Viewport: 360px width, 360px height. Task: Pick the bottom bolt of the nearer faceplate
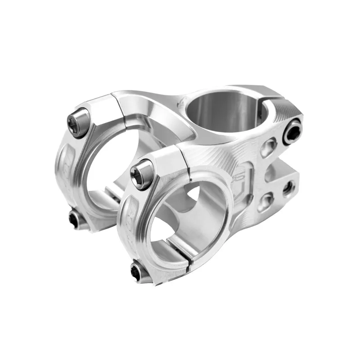point(138,271)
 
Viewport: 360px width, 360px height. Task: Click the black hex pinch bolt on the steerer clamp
point(292,131)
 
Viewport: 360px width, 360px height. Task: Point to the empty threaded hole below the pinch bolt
point(288,188)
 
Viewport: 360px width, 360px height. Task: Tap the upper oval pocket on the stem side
point(269,147)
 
